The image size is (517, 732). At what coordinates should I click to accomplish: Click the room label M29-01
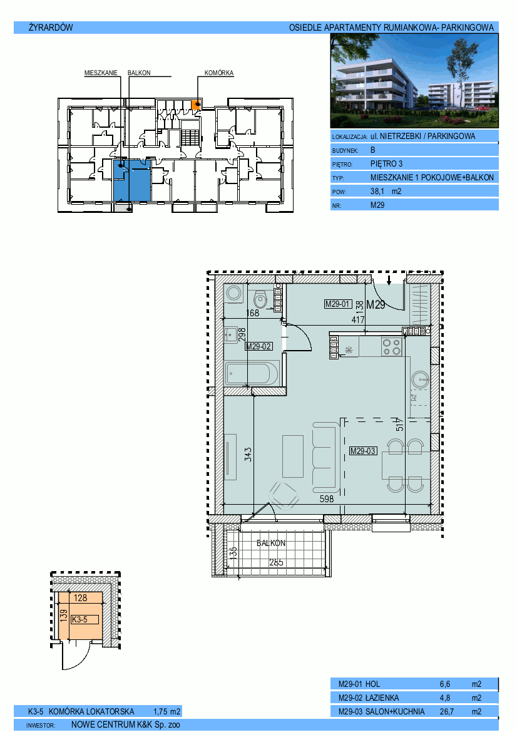pyautogui.click(x=338, y=304)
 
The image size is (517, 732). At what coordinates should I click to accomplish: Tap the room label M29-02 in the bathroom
pyautogui.click(x=259, y=346)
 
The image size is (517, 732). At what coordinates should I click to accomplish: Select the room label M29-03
pyautogui.click(x=363, y=451)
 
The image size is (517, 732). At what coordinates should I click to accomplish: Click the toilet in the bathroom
pyautogui.click(x=260, y=298)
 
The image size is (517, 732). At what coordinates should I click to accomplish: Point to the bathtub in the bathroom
pyautogui.click(x=252, y=373)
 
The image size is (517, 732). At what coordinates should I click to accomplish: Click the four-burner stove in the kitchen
pyautogui.click(x=391, y=347)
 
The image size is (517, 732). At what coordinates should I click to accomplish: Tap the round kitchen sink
pyautogui.click(x=421, y=379)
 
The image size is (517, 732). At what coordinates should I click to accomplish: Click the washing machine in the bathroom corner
pyautogui.click(x=233, y=294)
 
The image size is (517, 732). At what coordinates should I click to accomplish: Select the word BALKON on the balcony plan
pyautogui.click(x=271, y=544)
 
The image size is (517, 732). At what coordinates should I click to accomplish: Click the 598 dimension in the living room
pyautogui.click(x=327, y=499)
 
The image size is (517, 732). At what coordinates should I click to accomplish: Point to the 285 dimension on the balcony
pyautogui.click(x=276, y=562)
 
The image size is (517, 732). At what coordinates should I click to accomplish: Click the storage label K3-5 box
pyautogui.click(x=85, y=619)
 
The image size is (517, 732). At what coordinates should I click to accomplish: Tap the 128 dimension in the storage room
pyautogui.click(x=80, y=597)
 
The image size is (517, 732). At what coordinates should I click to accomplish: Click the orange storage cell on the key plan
pyautogui.click(x=197, y=105)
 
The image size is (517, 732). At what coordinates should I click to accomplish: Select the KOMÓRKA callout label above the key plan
pyautogui.click(x=219, y=73)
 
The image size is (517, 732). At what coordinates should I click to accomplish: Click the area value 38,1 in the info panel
pyautogui.click(x=377, y=191)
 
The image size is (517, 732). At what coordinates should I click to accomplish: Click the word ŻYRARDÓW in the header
pyautogui.click(x=51, y=28)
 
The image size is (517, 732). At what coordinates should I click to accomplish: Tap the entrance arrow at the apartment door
pyautogui.click(x=389, y=279)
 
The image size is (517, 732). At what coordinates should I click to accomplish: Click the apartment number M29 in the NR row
pyautogui.click(x=377, y=205)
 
